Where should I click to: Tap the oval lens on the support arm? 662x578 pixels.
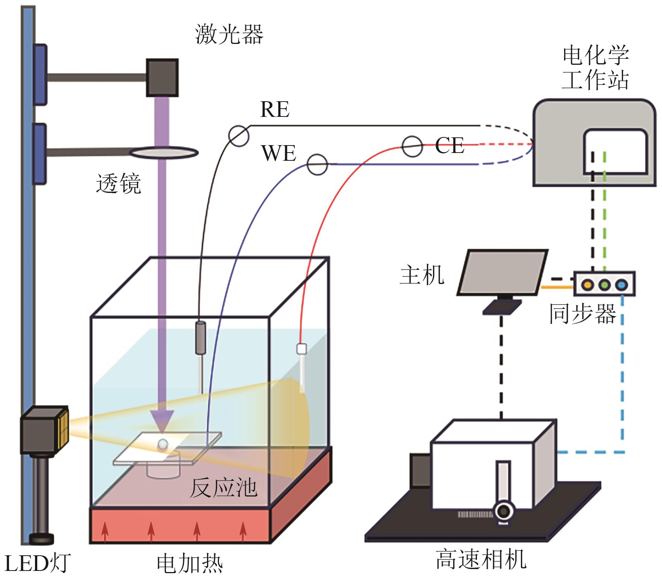(164, 152)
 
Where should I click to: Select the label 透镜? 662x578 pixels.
(118, 183)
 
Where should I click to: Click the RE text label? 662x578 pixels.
(275, 109)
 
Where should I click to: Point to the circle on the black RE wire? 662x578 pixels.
(238, 136)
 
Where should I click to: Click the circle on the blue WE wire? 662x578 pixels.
(317, 164)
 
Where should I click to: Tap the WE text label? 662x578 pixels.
(279, 153)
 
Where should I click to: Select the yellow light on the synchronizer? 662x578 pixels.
(587, 285)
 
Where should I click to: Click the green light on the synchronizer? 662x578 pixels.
(604, 285)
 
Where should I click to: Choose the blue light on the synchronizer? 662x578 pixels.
(621, 285)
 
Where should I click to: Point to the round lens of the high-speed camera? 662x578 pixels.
(504, 511)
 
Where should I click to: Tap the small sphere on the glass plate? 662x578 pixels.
(163, 444)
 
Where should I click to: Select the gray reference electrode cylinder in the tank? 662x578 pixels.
(201, 338)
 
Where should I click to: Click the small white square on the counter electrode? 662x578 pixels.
(301, 349)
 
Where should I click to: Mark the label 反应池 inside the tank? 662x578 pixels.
(223, 488)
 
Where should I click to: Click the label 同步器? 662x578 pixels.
(583, 313)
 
